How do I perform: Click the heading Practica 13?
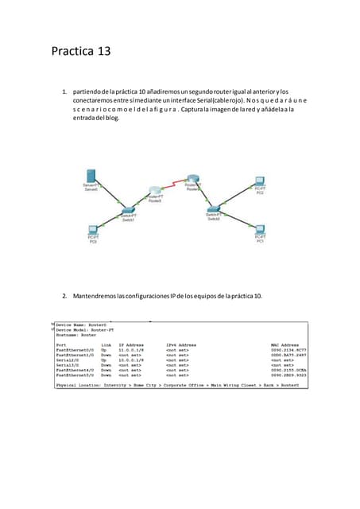point(80,52)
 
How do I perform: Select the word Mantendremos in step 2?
point(99,296)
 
